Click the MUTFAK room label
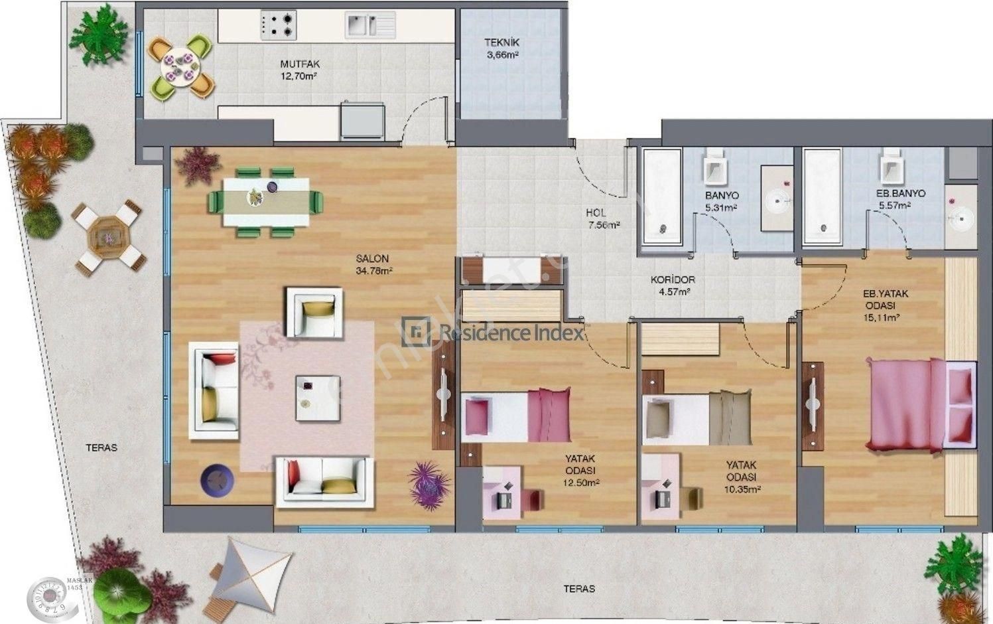click(300, 70)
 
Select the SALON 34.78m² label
click(373, 264)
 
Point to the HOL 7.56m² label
click(602, 218)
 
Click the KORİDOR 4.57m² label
click(673, 285)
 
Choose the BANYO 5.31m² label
click(722, 200)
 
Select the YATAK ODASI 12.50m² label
click(580, 470)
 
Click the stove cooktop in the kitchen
click(278, 25)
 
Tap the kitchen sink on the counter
click(369, 25)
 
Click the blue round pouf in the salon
click(217, 479)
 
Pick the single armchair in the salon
click(314, 313)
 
